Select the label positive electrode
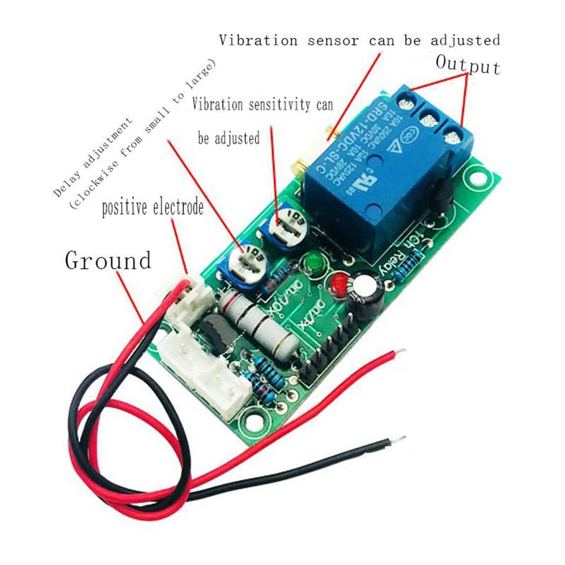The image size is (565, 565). click(x=152, y=208)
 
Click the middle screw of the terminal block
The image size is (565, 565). click(x=428, y=121)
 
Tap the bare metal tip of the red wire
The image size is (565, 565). click(x=400, y=353)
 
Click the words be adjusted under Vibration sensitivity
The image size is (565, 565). click(x=228, y=138)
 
